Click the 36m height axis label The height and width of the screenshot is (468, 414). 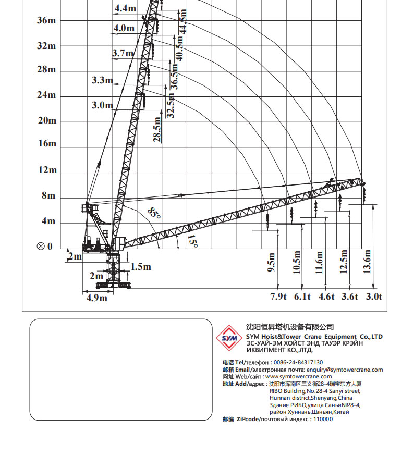(x=46, y=20)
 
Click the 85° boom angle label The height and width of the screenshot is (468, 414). (x=154, y=213)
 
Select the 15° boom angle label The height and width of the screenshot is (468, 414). (x=192, y=242)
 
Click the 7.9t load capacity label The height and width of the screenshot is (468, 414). (x=278, y=297)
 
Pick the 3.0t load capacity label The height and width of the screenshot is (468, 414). (x=373, y=297)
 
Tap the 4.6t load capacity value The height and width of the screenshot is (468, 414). (x=326, y=297)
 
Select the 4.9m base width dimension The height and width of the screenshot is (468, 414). (x=96, y=298)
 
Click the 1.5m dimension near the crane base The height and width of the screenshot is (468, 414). (x=140, y=267)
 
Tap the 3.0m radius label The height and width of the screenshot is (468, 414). (x=102, y=105)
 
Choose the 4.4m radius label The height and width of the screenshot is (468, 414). (x=126, y=8)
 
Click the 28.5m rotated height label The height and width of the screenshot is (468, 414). (x=156, y=130)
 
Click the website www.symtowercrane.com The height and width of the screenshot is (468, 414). (x=298, y=376)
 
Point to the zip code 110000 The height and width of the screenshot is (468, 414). (x=323, y=419)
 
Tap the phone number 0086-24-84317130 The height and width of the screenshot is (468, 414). (x=298, y=362)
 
